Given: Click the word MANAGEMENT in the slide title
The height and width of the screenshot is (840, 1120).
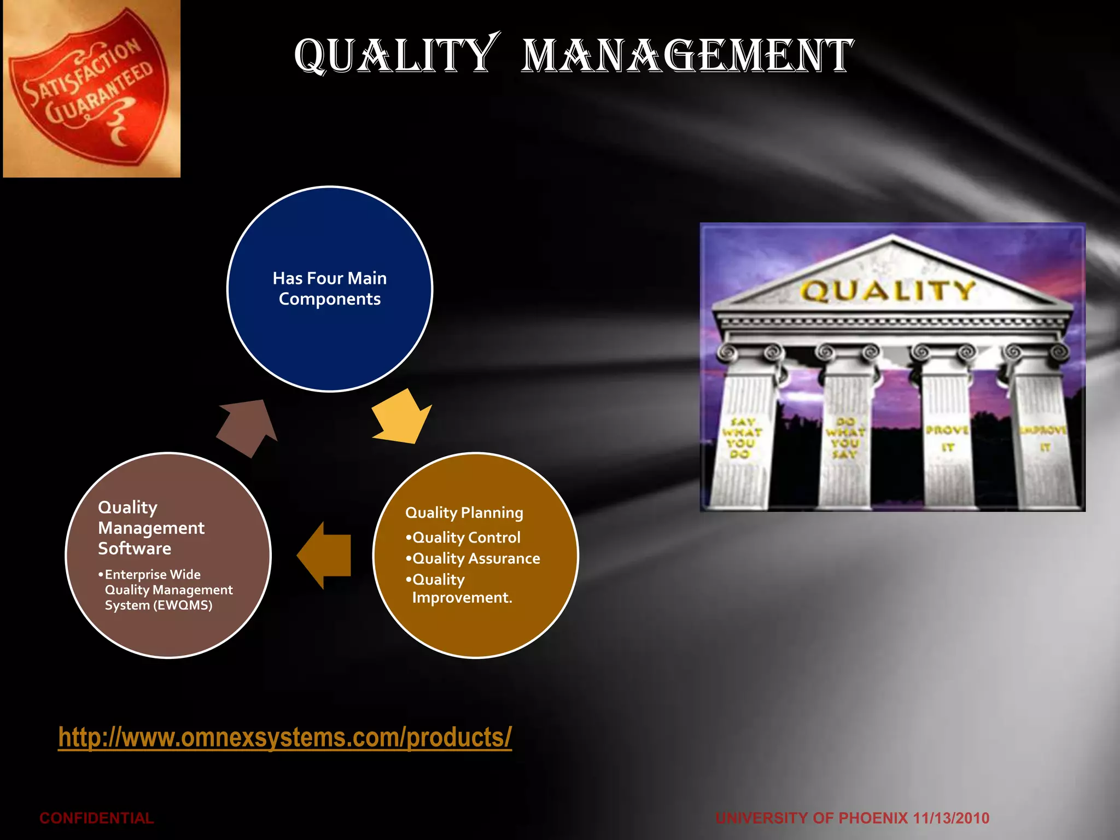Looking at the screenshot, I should pyautogui.click(x=687, y=56).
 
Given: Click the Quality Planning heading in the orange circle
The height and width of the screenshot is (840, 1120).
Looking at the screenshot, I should pyautogui.click(x=464, y=512).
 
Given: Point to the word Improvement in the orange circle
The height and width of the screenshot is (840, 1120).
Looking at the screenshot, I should pyautogui.click(x=462, y=597).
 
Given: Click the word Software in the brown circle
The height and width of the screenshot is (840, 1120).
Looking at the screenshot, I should pyautogui.click(x=135, y=549).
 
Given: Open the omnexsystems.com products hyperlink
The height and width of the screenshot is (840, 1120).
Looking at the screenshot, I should pyautogui.click(x=285, y=737).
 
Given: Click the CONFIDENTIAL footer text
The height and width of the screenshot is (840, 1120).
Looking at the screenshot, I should pyautogui.click(x=97, y=818).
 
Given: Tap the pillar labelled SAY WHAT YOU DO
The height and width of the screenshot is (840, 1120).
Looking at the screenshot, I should pyautogui.click(x=743, y=437).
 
